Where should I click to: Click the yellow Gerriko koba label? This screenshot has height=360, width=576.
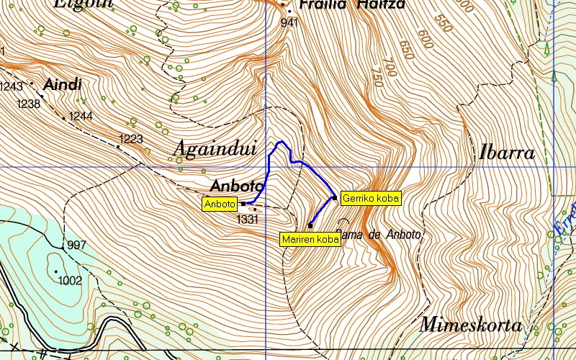pyautogui.click(x=370, y=197)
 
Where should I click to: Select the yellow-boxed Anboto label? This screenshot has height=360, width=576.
pyautogui.click(x=220, y=204)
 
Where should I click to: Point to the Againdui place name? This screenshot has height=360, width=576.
pyautogui.click(x=215, y=149)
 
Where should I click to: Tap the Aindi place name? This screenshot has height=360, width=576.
pyautogui.click(x=63, y=85)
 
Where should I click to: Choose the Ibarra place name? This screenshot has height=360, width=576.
pyautogui.click(x=507, y=153)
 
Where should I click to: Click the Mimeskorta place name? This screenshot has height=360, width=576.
pyautogui.click(x=471, y=325)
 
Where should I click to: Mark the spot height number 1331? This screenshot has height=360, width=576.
pyautogui.click(x=247, y=220)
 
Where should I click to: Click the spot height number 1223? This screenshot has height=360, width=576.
pyautogui.click(x=131, y=138)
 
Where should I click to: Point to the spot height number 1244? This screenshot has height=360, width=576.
pyautogui.click(x=81, y=116)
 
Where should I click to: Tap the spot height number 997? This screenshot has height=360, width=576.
pyautogui.click(x=76, y=246)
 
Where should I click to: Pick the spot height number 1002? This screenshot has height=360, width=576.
pyautogui.click(x=71, y=280)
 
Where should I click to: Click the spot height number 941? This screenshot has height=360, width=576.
pyautogui.click(x=289, y=22)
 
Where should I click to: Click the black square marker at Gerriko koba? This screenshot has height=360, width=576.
pyautogui.click(x=334, y=197)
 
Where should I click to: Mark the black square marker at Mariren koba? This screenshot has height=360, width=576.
pyautogui.click(x=310, y=225)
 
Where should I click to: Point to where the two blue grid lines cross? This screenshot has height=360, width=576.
pyautogui.click(x=266, y=167)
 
